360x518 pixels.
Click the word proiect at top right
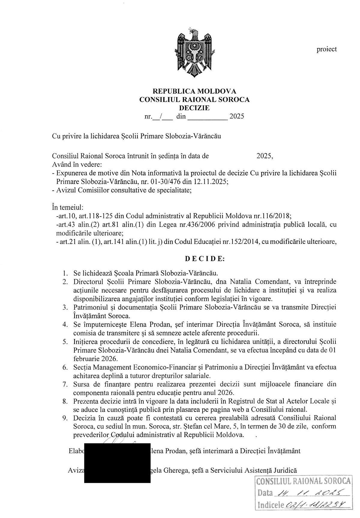326,49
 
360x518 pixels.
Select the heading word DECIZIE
194,108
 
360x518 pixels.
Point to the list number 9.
65,418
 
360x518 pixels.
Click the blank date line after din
207,116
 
